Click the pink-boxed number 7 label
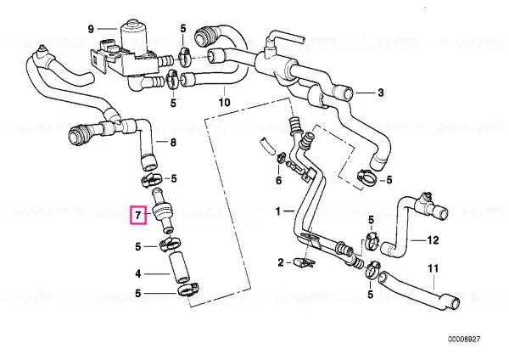point(138,216)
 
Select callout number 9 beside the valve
point(91,29)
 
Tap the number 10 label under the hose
point(224,103)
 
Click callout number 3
point(380,93)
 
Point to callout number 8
point(173,143)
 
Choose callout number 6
point(279,181)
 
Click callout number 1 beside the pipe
point(278,212)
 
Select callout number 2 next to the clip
point(281,262)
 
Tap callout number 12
point(433,240)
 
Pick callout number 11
point(433,268)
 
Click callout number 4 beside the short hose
point(138,274)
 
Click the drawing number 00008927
point(464,340)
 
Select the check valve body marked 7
point(163,211)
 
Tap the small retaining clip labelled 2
point(303,262)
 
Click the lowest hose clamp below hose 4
point(188,290)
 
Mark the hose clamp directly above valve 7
point(151,179)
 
